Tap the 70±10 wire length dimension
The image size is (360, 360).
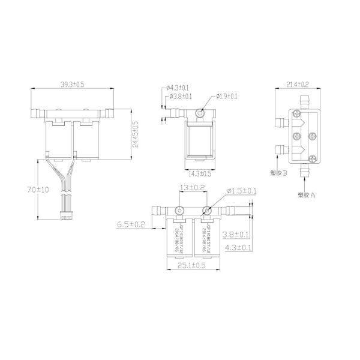[31, 190]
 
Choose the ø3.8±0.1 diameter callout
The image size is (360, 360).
[181, 96]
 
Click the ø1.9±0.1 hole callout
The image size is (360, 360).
[226, 96]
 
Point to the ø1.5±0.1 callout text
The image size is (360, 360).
[243, 191]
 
